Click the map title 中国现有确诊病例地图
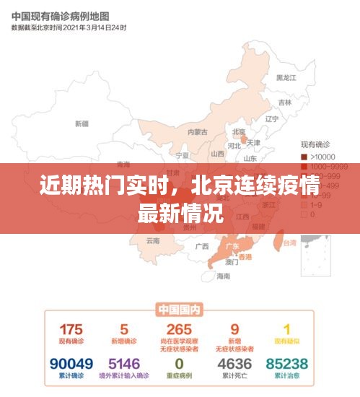point(60,15)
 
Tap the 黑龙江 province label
point(286,78)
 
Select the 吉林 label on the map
point(285,102)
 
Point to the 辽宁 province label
point(272,119)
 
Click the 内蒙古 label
point(197,132)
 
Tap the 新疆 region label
point(82,123)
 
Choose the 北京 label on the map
point(239,132)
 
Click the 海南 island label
point(224,276)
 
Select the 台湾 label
point(289,243)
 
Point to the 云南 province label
point(153,240)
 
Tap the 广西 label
point(201,245)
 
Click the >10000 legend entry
point(321,157)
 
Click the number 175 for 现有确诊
point(71,329)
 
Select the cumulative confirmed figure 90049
point(71,364)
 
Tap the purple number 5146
point(124,364)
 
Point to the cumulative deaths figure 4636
point(234,364)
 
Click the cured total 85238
point(286,364)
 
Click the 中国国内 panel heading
point(179,310)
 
